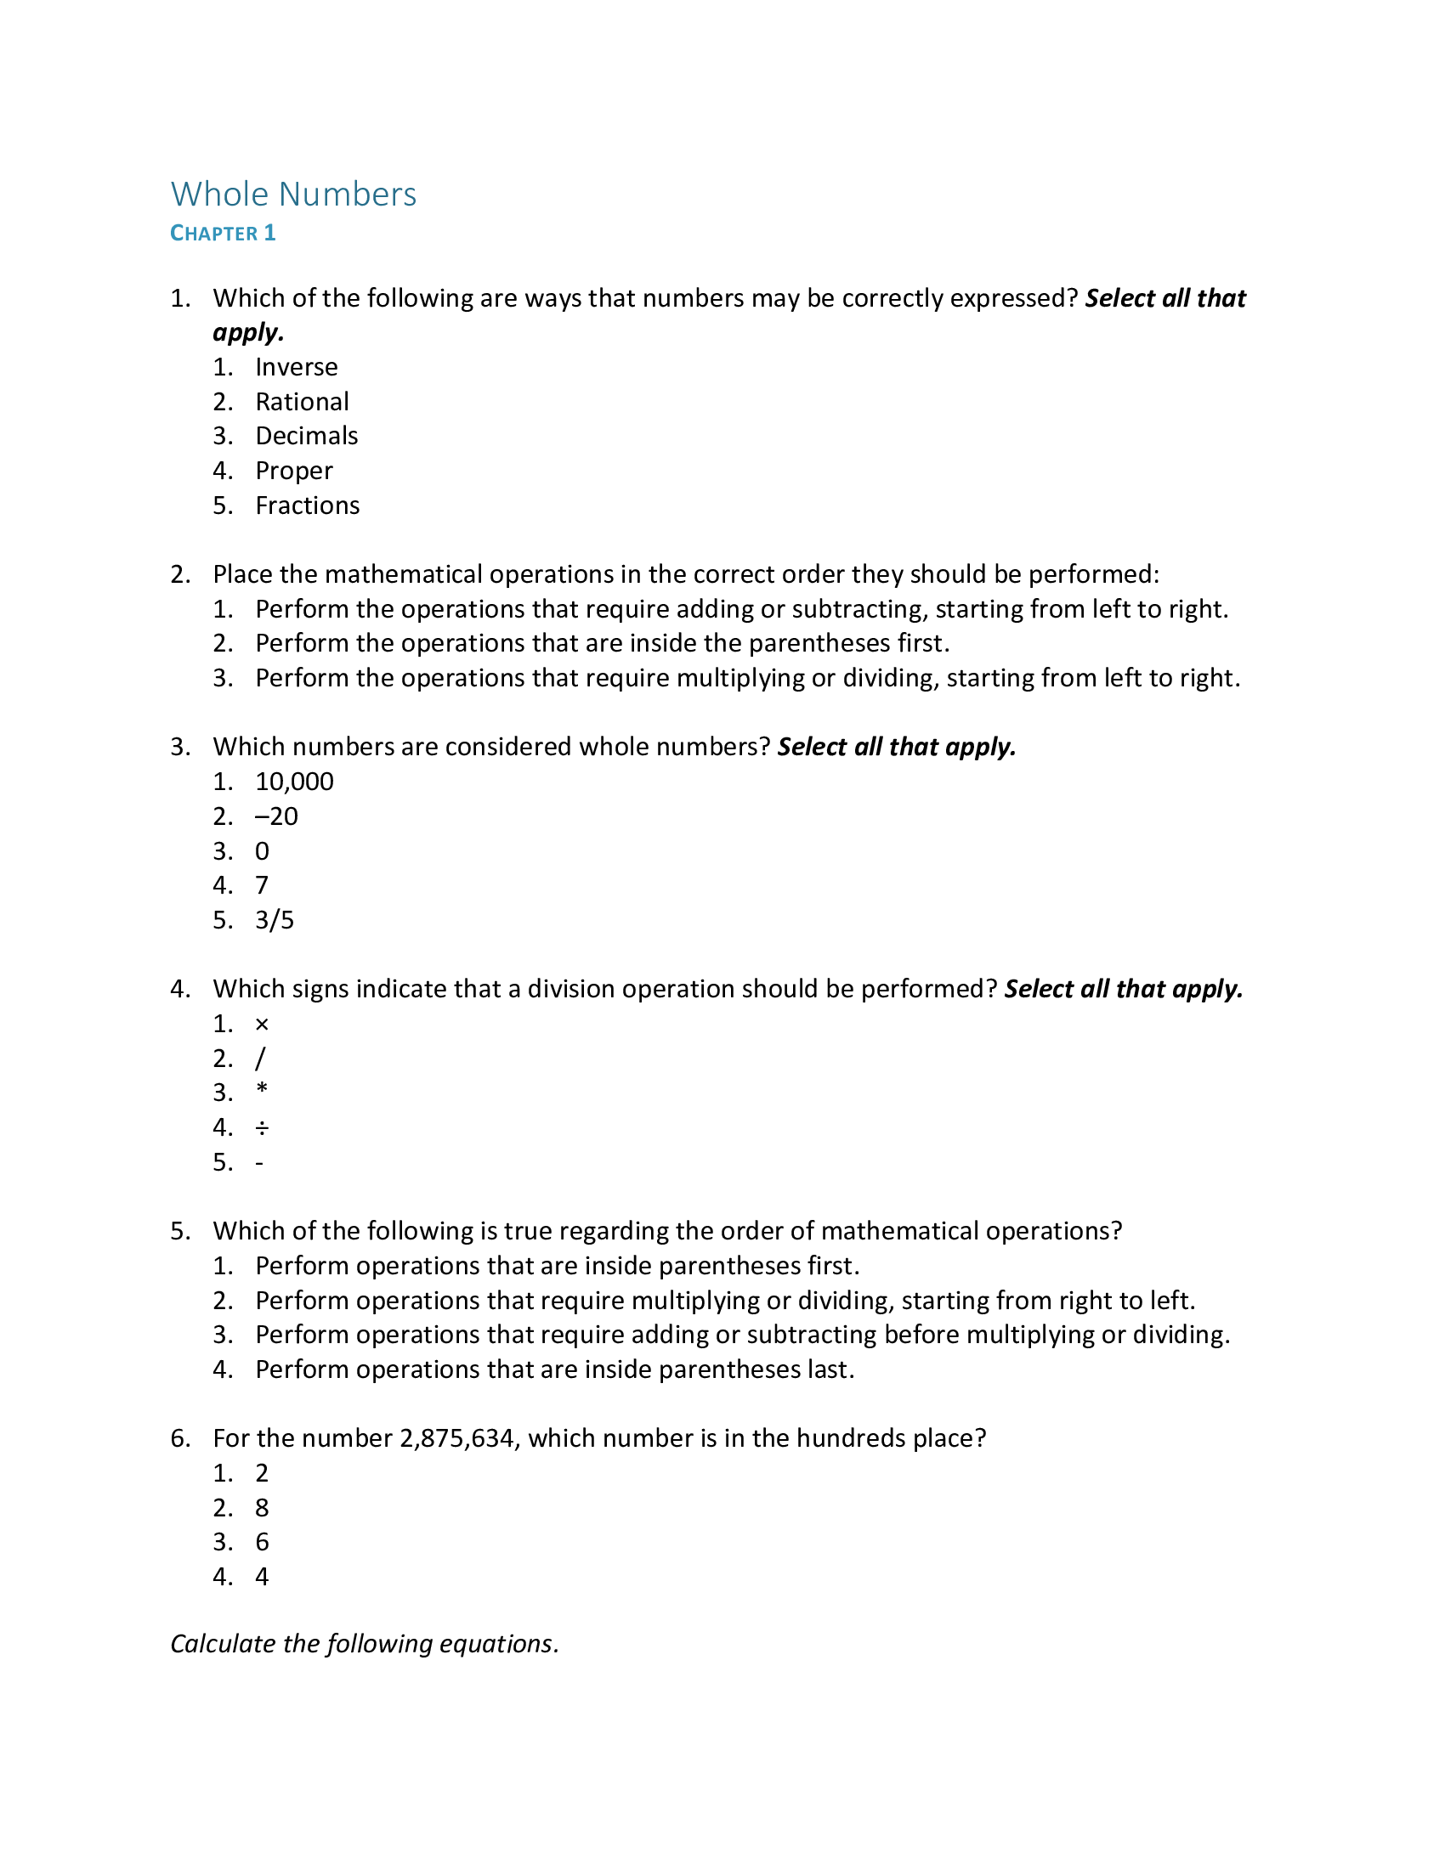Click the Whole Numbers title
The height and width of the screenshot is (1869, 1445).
(293, 195)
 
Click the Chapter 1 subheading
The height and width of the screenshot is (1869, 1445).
(223, 234)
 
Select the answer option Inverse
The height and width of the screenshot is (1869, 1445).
(296, 367)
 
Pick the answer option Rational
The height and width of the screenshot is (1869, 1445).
(302, 401)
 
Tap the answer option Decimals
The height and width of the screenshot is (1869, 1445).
(307, 436)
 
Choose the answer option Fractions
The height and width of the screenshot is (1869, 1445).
(308, 505)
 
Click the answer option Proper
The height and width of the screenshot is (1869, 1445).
(293, 471)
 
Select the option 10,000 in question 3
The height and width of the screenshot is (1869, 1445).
(294, 782)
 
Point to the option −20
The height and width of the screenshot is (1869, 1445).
(276, 816)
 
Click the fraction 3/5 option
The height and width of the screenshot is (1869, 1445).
(275, 920)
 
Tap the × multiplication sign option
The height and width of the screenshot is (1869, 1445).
(262, 1025)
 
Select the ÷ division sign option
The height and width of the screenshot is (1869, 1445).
(262, 1128)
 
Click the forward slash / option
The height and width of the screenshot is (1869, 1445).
(260, 1059)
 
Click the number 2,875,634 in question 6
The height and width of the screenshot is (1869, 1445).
(459, 1438)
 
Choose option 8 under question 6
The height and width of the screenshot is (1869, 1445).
(262, 1508)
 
